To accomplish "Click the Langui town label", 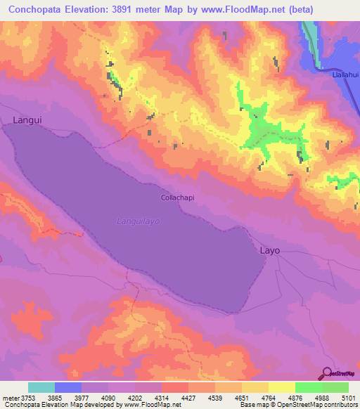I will (x=27, y=120).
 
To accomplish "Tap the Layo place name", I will (x=270, y=250).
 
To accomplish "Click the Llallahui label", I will (x=345, y=73).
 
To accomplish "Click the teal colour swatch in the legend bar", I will (x=41, y=387).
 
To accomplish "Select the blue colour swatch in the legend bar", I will (x=68, y=387).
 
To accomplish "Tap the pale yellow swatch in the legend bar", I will (x=281, y=387).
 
